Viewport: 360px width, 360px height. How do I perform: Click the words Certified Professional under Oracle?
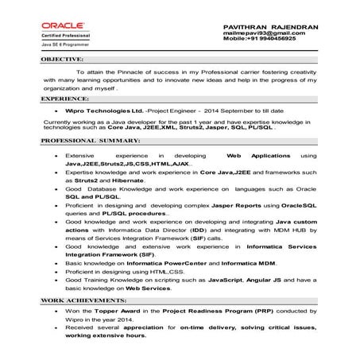click(67, 37)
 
